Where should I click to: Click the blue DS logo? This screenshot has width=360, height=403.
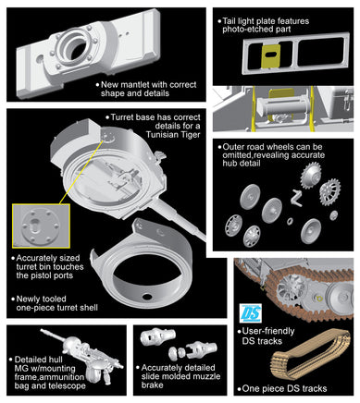click(251, 313)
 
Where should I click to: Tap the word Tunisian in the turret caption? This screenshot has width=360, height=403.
click(163, 134)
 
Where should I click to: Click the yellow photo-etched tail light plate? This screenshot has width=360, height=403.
click(271, 55)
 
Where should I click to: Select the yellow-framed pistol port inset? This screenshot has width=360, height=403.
click(41, 226)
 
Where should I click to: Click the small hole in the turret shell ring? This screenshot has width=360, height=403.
click(146, 297)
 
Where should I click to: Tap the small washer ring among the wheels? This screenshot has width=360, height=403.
click(290, 221)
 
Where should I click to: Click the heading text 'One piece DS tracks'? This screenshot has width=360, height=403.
click(284, 388)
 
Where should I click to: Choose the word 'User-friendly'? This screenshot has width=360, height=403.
click(268, 331)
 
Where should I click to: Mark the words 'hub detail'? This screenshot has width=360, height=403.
click(242, 164)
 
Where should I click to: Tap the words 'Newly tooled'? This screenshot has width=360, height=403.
click(41, 299)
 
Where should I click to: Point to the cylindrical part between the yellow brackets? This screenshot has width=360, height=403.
click(281, 105)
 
